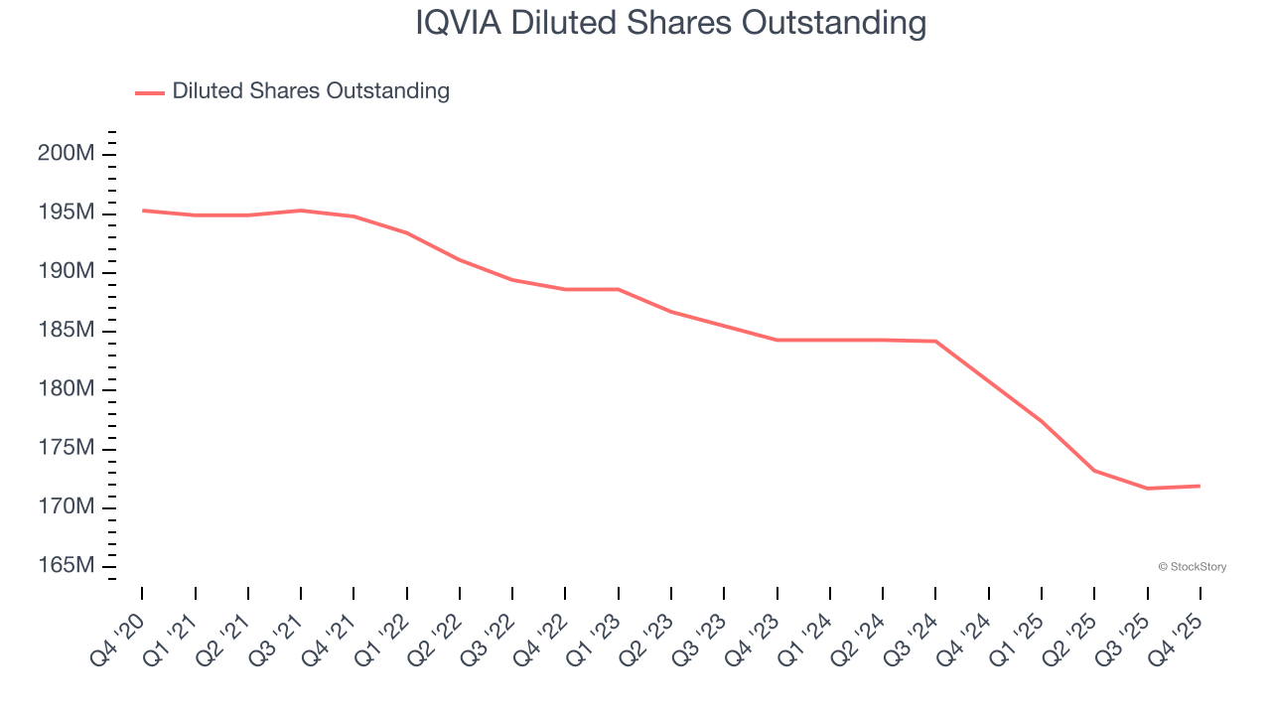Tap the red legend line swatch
[149, 92]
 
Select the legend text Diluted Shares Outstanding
[311, 91]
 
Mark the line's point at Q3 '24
[935, 342]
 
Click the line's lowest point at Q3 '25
[1147, 489]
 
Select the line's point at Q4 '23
[777, 341]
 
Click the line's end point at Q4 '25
[1200, 486]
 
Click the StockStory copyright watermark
[1192, 567]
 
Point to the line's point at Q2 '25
[1094, 471]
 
